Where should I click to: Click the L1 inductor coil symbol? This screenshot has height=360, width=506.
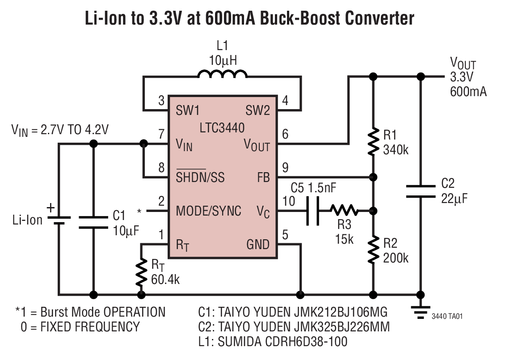(x=222, y=74)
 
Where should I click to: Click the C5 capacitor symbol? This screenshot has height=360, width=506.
(x=313, y=211)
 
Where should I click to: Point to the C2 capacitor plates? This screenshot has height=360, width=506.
(x=420, y=191)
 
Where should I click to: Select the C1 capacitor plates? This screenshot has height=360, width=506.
(x=93, y=222)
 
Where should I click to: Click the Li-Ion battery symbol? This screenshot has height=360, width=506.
(x=58, y=220)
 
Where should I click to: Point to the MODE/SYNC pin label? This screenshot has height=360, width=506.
(x=209, y=211)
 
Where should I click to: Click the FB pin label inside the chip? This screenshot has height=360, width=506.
(x=263, y=178)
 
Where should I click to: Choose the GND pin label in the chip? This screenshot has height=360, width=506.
(x=258, y=244)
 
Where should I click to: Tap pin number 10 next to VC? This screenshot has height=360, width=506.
(x=289, y=201)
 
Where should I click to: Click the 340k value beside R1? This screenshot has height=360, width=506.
(x=396, y=150)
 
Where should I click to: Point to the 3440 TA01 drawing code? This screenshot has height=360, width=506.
(x=447, y=316)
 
